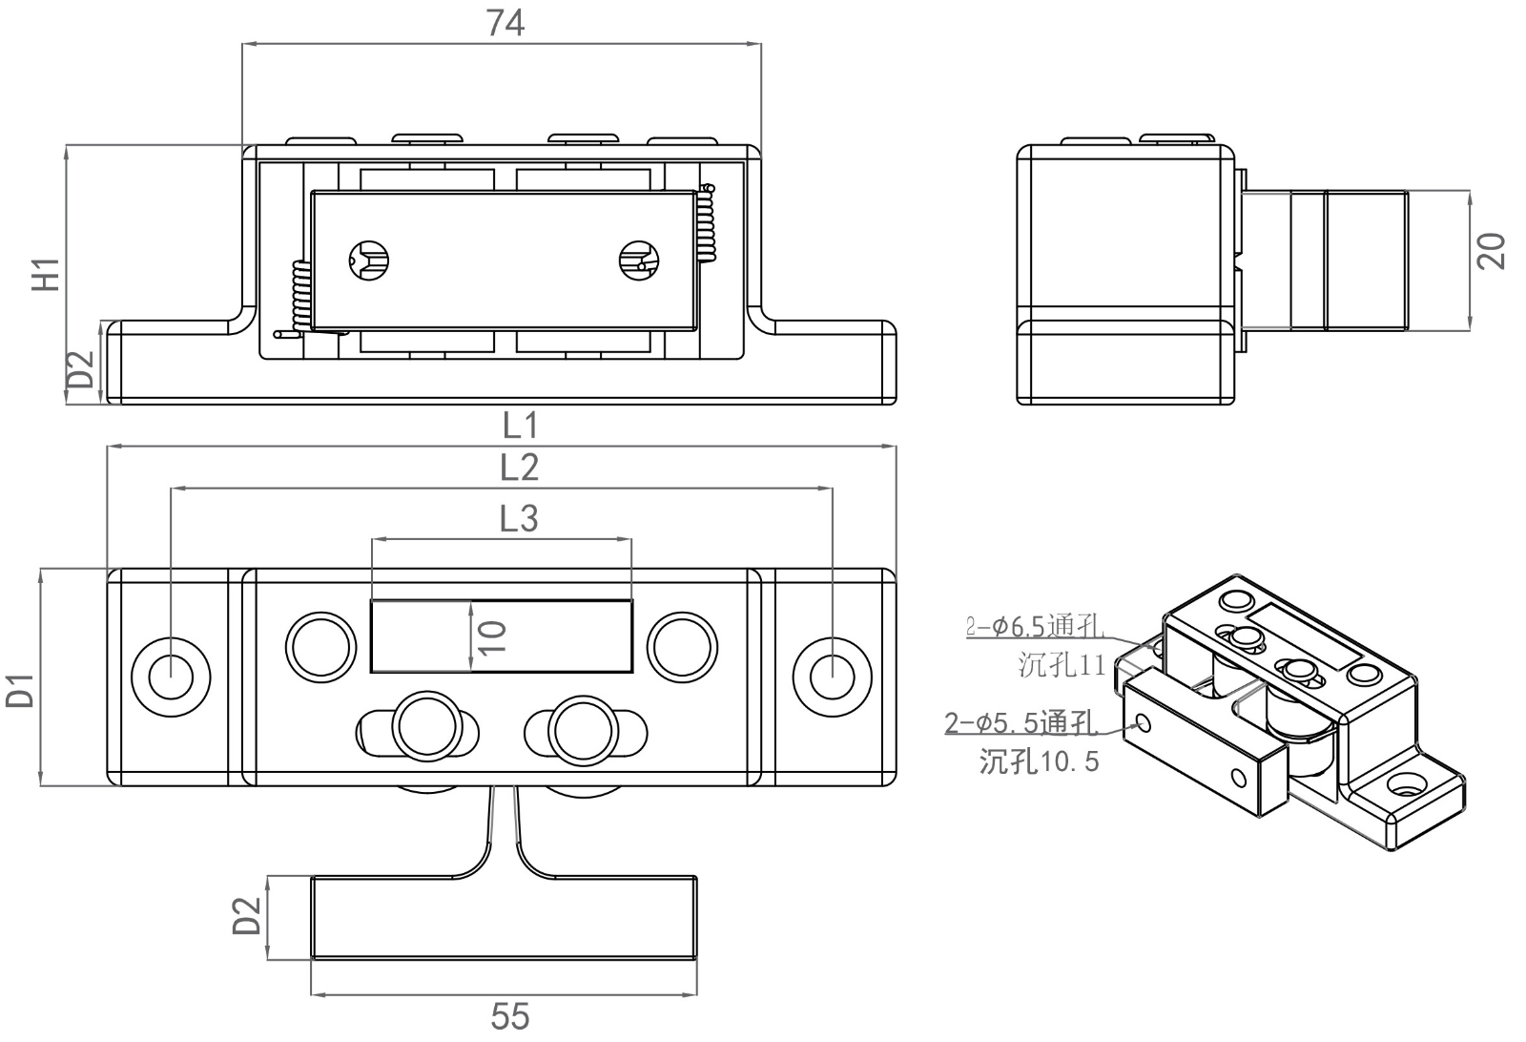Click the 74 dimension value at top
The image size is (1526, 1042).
(505, 22)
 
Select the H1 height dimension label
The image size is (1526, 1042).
(47, 274)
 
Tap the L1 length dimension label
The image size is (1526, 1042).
(521, 425)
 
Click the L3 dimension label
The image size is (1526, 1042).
(519, 518)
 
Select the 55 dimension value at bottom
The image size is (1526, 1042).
(509, 1016)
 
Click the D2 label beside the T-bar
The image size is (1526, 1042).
(247, 915)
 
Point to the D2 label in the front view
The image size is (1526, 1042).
(80, 370)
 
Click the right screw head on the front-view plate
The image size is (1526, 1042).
(638, 259)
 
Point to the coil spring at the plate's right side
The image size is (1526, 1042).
(707, 223)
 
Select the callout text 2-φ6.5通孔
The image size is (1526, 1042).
(1035, 627)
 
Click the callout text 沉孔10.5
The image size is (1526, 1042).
(1039, 761)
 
